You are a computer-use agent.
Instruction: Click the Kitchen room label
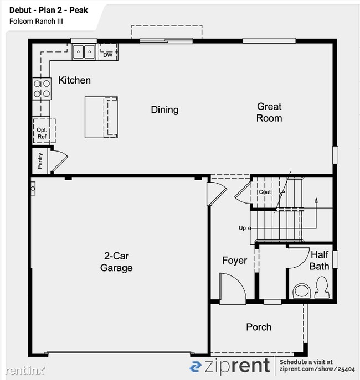point(74,80)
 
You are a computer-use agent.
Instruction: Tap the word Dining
point(164,110)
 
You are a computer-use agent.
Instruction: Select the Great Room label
point(269,112)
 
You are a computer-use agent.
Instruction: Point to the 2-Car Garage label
point(116,262)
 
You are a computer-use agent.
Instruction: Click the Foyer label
point(234,261)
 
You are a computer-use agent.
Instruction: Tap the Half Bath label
point(320,261)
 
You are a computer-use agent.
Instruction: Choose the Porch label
point(259,327)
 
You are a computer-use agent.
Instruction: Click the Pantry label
point(40,160)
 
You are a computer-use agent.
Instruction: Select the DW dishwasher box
point(107,54)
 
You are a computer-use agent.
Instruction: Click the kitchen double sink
point(84,52)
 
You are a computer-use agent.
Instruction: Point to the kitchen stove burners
point(42,89)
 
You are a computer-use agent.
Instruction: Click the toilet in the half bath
point(321,287)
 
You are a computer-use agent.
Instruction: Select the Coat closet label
point(265,192)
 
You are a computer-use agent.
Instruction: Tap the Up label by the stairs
point(242,228)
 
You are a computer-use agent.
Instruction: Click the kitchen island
point(101,117)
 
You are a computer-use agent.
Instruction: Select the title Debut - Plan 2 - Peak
point(49,10)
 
